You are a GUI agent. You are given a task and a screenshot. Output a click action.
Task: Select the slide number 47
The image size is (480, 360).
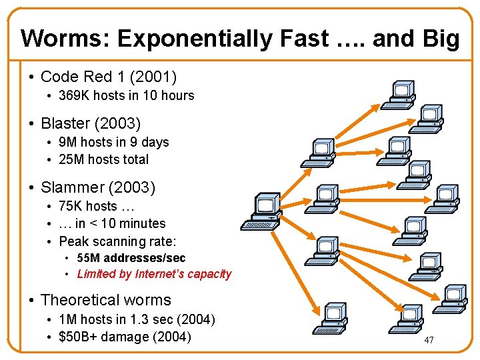pos(429,340)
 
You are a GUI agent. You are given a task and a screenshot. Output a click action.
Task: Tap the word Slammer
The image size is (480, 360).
pos(71,187)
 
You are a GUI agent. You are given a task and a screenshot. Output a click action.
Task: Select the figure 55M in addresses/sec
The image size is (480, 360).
pos(88,258)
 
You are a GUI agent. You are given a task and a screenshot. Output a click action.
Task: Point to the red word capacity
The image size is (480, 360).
pos(209,273)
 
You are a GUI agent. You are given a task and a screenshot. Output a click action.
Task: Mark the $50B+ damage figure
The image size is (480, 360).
pos(77,337)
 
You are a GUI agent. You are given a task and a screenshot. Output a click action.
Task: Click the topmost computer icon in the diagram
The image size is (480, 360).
pos(401,94)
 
